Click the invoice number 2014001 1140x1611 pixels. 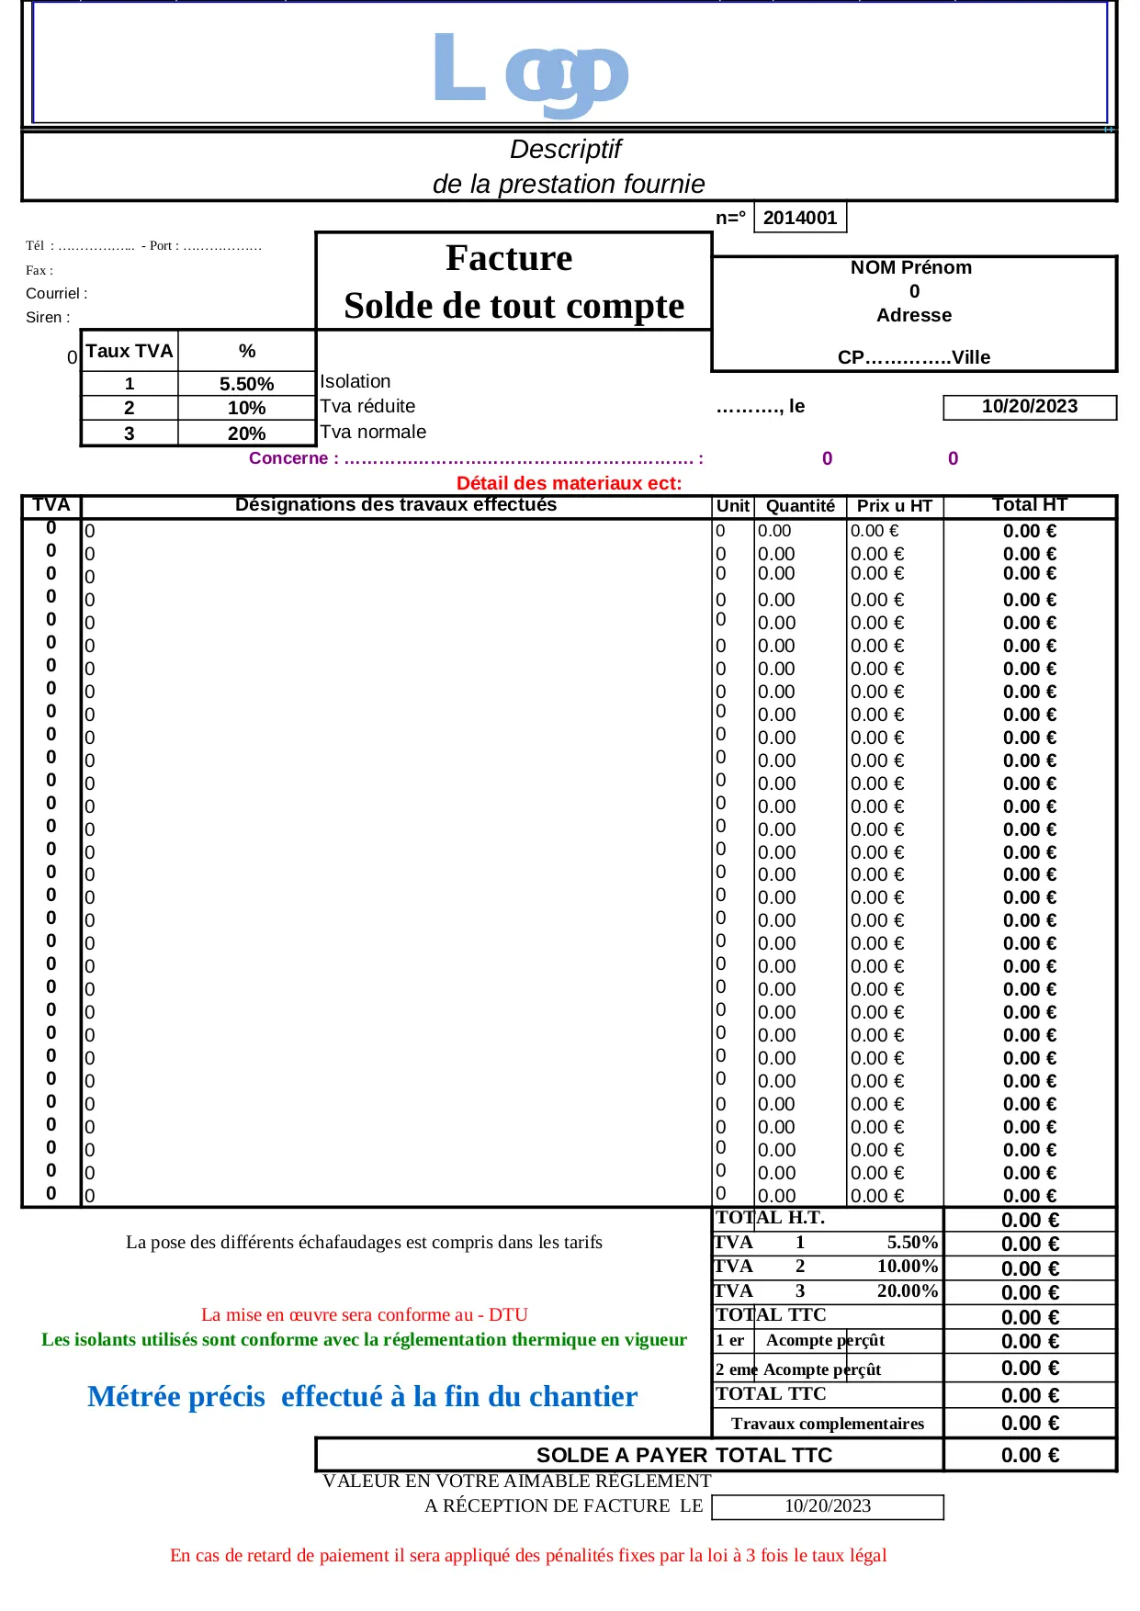coord(800,218)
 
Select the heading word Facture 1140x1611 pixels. coord(509,258)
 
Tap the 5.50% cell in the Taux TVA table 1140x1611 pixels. coord(246,384)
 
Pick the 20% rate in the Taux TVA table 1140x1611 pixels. coord(246,434)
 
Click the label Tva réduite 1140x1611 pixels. coord(367,406)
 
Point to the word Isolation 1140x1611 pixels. coord(356,381)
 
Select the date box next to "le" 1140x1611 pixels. coord(1029,407)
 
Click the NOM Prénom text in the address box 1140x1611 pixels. coord(910,267)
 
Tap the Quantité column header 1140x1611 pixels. coord(800,506)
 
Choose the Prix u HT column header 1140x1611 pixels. coord(894,506)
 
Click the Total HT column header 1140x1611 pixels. coord(1029,505)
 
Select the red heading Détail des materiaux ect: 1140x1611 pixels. coord(569,483)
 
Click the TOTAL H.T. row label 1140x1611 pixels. coord(770,1218)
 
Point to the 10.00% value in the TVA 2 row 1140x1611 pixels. coord(907,1267)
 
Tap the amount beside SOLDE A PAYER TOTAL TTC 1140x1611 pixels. coord(1029,1456)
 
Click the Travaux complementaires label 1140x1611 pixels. coord(827,1424)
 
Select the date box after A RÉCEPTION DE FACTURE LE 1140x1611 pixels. coord(827,1506)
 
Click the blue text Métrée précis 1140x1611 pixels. coord(176,1397)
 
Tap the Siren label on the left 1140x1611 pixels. coord(47,318)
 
